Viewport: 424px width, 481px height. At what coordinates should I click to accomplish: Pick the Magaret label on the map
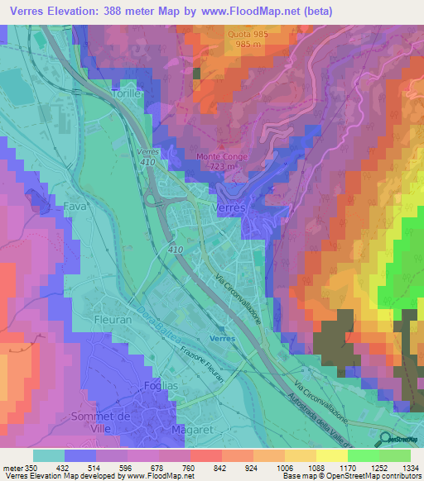coord(186,431)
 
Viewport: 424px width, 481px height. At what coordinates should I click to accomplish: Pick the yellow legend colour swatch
coord(332,455)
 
